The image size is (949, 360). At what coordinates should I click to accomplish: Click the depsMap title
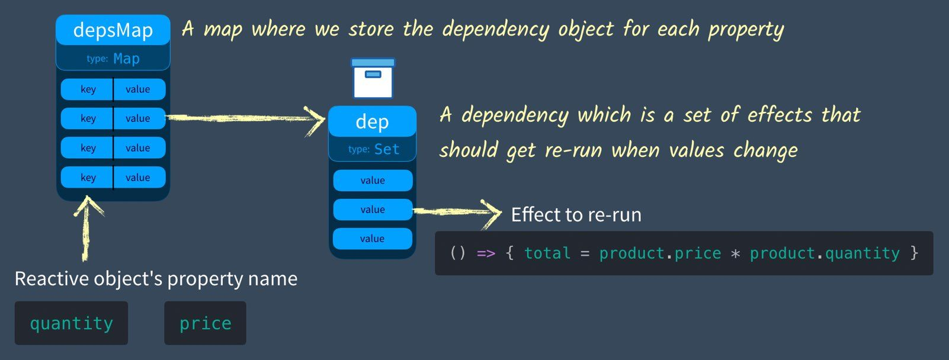[x=113, y=30]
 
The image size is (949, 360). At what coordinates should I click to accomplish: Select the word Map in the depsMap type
[x=126, y=59]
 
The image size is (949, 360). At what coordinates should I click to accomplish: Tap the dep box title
[x=372, y=122]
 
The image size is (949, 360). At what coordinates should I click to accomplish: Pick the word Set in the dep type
[x=387, y=149]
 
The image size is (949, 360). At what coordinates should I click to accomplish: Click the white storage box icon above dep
[x=373, y=79]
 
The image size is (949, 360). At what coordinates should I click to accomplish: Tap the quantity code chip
[x=71, y=323]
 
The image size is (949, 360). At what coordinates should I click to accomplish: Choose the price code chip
[x=205, y=323]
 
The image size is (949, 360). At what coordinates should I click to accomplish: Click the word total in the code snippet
[x=547, y=253]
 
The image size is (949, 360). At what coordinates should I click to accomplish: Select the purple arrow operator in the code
[x=486, y=253]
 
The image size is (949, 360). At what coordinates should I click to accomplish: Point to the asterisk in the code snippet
[x=735, y=254]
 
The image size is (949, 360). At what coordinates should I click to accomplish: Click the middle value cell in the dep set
[x=372, y=210]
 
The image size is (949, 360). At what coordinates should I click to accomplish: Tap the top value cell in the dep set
[x=372, y=181]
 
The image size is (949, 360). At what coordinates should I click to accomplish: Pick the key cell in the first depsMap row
[x=88, y=89]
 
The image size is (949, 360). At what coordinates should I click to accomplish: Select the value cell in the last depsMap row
[x=138, y=178]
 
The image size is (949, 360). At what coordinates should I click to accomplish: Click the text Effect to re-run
[x=576, y=214]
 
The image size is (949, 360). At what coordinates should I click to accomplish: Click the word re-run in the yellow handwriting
[x=573, y=150]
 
